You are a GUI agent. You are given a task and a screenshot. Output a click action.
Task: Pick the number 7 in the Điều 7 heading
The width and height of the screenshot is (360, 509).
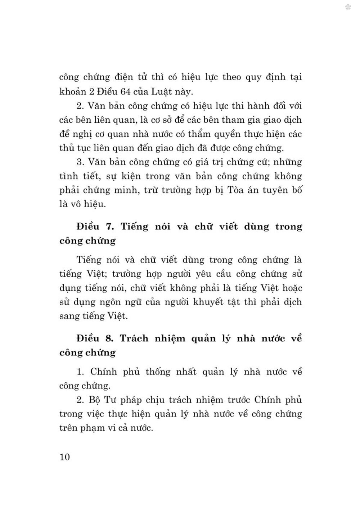[x=109, y=227]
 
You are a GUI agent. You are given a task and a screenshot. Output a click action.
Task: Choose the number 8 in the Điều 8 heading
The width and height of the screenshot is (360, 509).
[x=109, y=338]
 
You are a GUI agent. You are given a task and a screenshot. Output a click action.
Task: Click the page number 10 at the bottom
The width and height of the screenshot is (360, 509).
[x=65, y=457]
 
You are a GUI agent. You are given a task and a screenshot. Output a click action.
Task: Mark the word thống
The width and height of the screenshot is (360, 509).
[x=158, y=372]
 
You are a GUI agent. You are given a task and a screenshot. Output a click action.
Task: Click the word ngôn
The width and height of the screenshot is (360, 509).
[x=123, y=302]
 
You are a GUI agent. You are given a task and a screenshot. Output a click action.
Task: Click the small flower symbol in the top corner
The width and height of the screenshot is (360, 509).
[x=348, y=7]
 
